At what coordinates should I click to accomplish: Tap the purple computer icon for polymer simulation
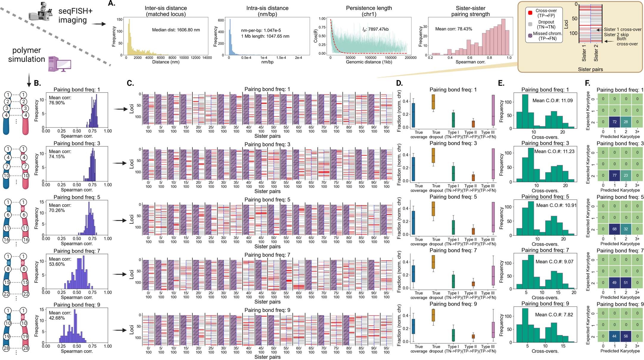59,64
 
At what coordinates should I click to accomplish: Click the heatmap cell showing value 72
614,122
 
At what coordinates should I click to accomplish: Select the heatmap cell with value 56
626,336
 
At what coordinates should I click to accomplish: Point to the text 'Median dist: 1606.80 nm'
176,30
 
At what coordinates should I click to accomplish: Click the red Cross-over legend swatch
530,13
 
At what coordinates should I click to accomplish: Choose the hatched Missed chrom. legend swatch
530,36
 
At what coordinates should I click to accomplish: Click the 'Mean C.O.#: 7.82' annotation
554,315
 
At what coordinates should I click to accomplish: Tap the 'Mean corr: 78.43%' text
453,29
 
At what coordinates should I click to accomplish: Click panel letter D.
399,83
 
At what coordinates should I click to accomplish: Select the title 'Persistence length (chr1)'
369,11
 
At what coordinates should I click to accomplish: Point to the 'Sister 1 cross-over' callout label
623,29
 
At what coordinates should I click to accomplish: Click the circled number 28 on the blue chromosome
6,348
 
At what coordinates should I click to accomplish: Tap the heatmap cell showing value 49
614,283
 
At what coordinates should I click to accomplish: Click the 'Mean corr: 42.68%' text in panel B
60,315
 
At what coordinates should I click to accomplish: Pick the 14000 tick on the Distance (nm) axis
207,58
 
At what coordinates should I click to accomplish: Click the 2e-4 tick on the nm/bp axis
298,58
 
